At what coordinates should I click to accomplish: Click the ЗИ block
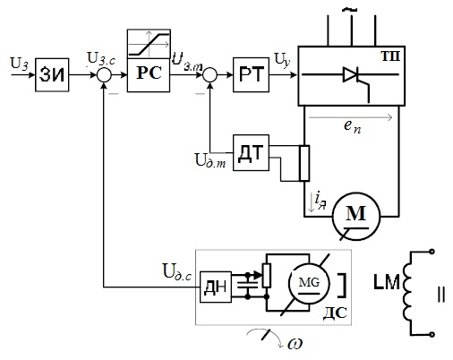point(52,75)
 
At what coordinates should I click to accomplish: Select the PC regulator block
point(149,75)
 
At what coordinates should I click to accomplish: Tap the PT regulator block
point(251,74)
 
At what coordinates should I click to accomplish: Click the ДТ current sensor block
point(251,152)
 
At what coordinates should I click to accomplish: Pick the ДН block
point(216,287)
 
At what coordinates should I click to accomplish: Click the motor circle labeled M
point(356,216)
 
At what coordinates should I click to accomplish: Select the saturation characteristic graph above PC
point(149,44)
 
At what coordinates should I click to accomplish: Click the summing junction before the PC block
point(104,75)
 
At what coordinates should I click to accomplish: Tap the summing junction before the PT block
point(210,74)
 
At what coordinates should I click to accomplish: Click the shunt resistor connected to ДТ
point(304,163)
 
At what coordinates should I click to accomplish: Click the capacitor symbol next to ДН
point(247,285)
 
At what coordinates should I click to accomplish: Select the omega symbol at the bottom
point(295,344)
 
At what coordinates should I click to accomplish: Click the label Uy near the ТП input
point(282,60)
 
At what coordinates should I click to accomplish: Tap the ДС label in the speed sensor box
point(335,313)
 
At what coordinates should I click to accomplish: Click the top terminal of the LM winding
point(432,252)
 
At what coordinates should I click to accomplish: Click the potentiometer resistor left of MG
point(267,276)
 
